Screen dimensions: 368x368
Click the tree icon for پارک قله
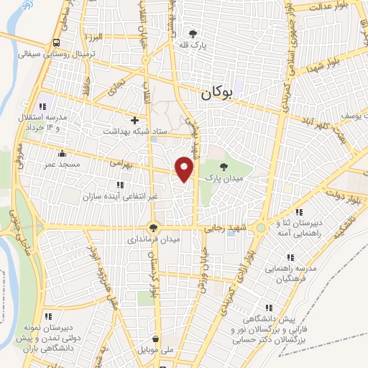click(x=193, y=32)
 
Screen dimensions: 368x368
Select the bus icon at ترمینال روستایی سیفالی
click(x=57, y=42)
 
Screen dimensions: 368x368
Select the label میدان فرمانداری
click(x=152, y=238)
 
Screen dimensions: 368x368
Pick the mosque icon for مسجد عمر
click(x=63, y=152)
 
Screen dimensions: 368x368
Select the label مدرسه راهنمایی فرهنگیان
click(x=285, y=272)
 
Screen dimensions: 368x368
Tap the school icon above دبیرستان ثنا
click(x=300, y=211)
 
